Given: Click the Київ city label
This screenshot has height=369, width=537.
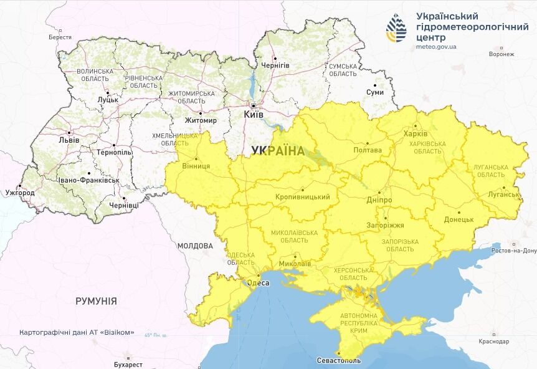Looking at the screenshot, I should coord(254,115).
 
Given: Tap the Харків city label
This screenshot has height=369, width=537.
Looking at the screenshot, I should coord(416,134).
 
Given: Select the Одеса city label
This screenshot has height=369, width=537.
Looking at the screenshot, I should coord(259,283).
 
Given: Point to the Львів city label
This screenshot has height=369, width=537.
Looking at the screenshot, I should coord(69,140).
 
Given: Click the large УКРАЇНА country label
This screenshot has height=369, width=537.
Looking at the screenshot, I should coord(278,151).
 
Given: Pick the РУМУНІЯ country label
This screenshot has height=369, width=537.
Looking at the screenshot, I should coord(96,301).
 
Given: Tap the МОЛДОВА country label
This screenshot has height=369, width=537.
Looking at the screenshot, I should coord(195,246).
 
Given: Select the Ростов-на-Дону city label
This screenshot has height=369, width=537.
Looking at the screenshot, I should coord(513,251).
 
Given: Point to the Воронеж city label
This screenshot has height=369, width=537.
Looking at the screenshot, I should coord(501,54).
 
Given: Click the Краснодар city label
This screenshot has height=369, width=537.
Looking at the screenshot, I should coord(494,341).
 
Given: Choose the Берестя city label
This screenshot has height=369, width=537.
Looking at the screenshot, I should coord(60,37).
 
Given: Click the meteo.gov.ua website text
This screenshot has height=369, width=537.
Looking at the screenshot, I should coord(435,46).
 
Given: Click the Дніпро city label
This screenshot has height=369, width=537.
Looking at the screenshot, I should coord(379,200).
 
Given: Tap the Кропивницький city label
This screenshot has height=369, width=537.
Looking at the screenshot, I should coord(302,197).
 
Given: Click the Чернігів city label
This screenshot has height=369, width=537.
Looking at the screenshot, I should coord(275,65).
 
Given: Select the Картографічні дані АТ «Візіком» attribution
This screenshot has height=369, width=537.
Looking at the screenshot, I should coord(77,332).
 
